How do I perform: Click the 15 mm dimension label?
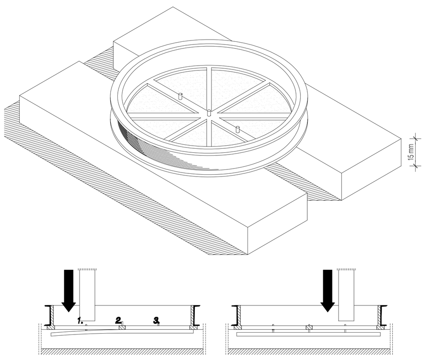pos(411,152)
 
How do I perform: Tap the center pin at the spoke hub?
pos(208,113)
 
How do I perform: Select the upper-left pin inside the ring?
pos(180,96)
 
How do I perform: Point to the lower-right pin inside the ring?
pos(238,129)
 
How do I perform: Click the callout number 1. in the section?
pos(80,321)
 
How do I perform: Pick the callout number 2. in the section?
pos(118,320)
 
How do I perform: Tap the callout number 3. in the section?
pos(157,320)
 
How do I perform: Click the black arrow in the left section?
pos(69,290)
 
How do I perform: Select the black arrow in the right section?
pos(328,290)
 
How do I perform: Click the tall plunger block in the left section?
pos(88,295)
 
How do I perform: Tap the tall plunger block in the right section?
pos(346,295)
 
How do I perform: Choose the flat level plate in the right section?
pos(309,334)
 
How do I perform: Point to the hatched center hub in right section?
pos(309,327)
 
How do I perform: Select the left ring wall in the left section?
pos(51,316)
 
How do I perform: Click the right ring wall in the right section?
pos(383,316)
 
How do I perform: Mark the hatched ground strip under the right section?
pos(308,352)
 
